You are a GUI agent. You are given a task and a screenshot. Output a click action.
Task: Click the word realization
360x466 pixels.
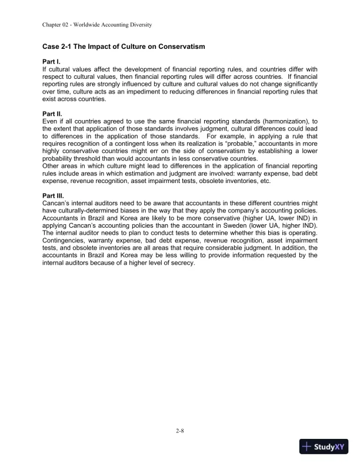212,135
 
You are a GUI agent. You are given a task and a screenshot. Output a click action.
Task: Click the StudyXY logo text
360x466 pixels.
330,447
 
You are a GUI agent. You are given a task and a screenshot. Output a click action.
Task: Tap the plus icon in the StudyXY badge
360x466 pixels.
307,447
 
